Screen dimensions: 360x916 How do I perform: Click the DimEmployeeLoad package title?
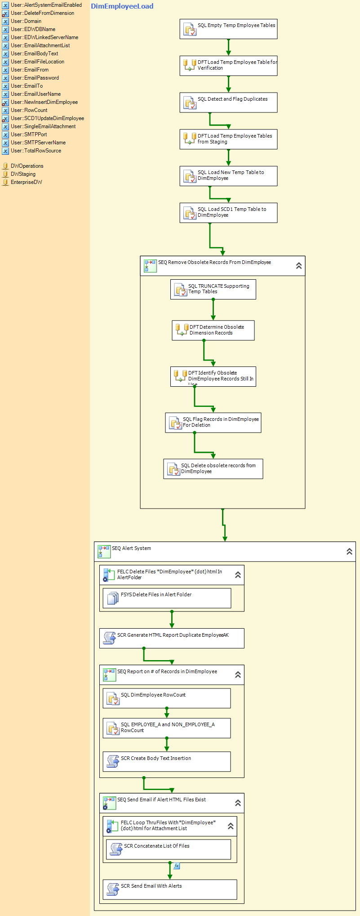(x=122, y=6)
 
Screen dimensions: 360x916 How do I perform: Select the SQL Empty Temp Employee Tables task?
(x=228, y=29)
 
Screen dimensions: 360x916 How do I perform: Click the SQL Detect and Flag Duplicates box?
(x=228, y=103)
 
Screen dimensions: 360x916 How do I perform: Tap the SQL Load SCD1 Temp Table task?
(x=228, y=213)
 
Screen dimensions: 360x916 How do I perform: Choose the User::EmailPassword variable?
(x=35, y=78)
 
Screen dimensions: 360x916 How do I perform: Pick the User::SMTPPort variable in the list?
(x=29, y=134)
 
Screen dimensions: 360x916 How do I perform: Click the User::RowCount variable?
(x=29, y=110)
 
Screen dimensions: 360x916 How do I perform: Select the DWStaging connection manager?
(x=23, y=174)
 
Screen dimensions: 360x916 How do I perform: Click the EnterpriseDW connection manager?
(x=26, y=182)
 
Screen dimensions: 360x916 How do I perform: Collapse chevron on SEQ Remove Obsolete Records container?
(x=299, y=266)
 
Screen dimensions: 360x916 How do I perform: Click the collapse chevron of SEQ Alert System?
(x=349, y=551)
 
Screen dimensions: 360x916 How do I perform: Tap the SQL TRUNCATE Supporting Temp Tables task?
(x=213, y=289)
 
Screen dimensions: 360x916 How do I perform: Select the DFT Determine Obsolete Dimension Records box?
(x=213, y=330)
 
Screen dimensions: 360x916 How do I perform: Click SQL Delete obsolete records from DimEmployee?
(x=213, y=469)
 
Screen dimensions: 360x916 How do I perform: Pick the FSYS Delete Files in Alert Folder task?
(x=167, y=598)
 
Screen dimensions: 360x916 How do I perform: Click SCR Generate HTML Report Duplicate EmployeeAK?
(x=172, y=638)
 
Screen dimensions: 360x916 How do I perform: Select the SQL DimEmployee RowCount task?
(x=167, y=698)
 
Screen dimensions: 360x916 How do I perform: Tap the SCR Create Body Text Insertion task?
(x=167, y=761)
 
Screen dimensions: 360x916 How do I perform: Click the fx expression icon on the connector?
(x=177, y=866)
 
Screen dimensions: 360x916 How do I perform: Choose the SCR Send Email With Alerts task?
(x=170, y=889)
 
